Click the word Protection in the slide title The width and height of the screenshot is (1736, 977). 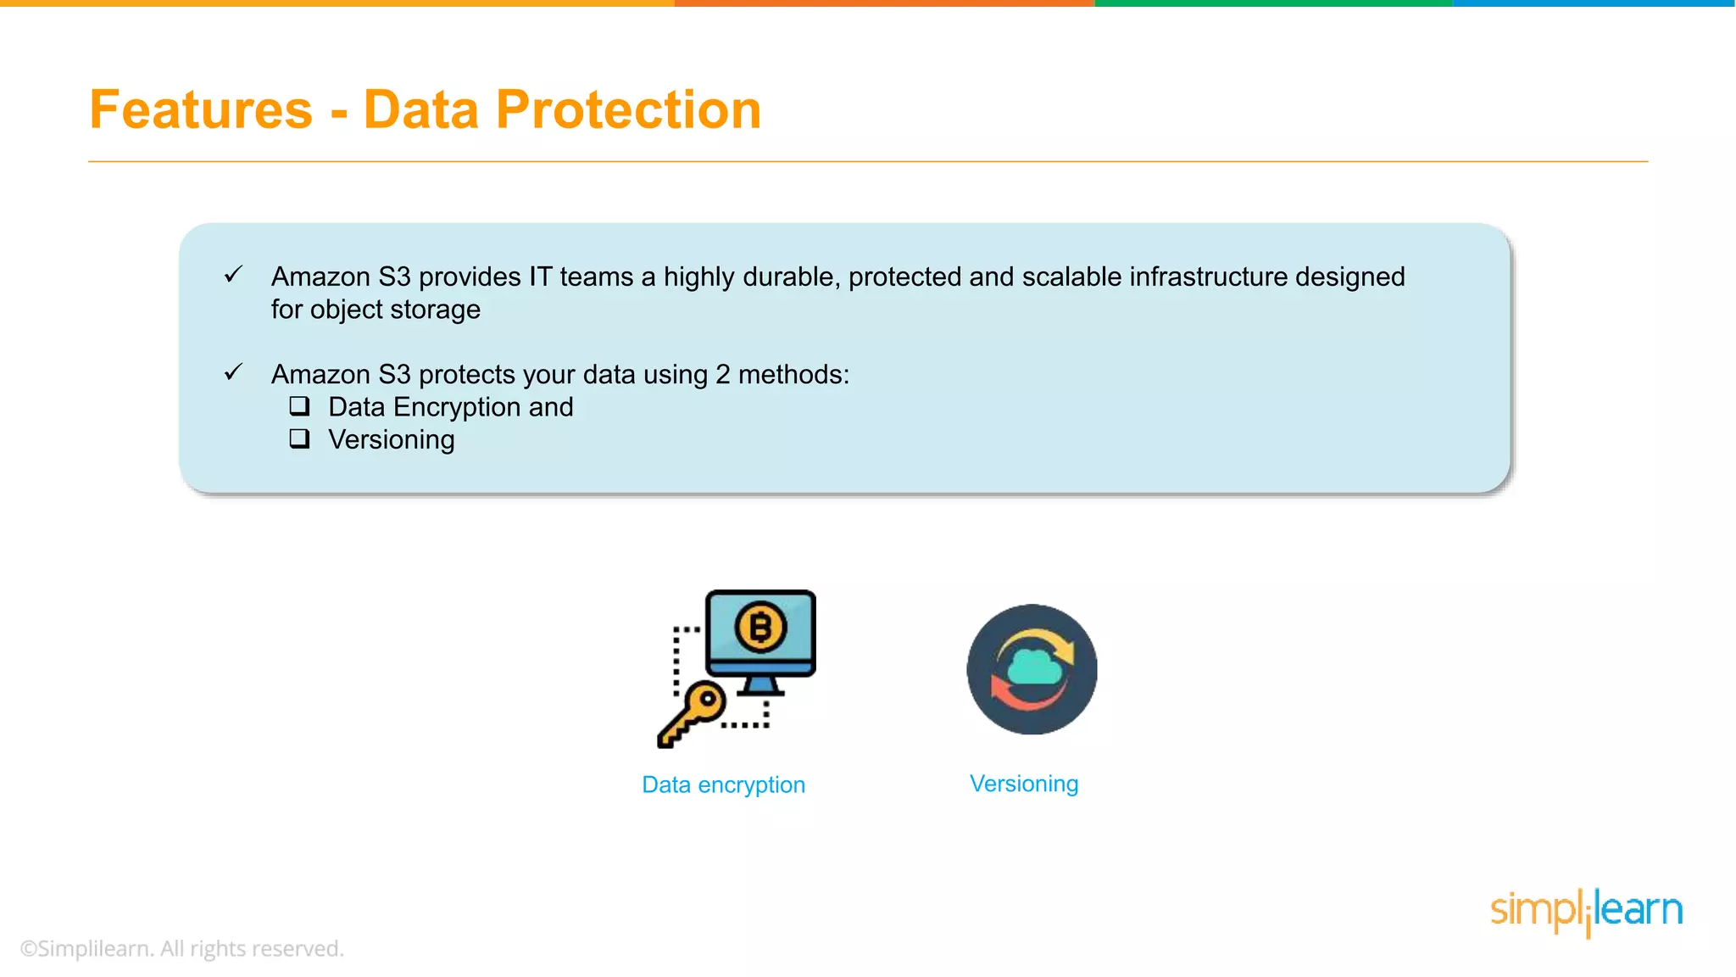627,110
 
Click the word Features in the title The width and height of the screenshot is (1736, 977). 201,110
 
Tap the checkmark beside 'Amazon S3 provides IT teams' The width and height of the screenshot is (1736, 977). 233,275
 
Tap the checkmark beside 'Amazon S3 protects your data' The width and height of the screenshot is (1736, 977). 233,372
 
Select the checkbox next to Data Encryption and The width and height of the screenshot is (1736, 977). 299,406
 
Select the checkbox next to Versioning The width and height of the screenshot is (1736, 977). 299,438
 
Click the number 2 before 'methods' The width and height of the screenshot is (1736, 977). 722,374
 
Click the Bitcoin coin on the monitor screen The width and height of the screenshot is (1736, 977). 760,628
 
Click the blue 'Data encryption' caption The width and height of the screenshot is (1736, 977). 723,785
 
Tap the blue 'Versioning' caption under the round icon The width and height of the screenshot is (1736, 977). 1024,784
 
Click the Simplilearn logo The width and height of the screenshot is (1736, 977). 1586,912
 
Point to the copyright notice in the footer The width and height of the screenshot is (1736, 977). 182,948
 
